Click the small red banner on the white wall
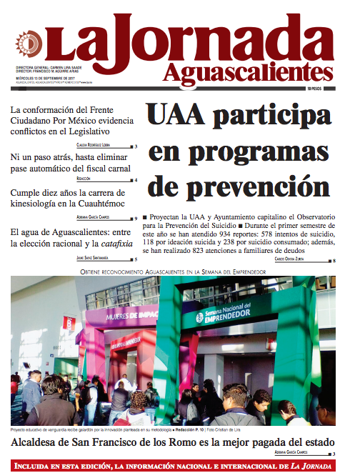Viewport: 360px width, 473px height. (69, 322)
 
